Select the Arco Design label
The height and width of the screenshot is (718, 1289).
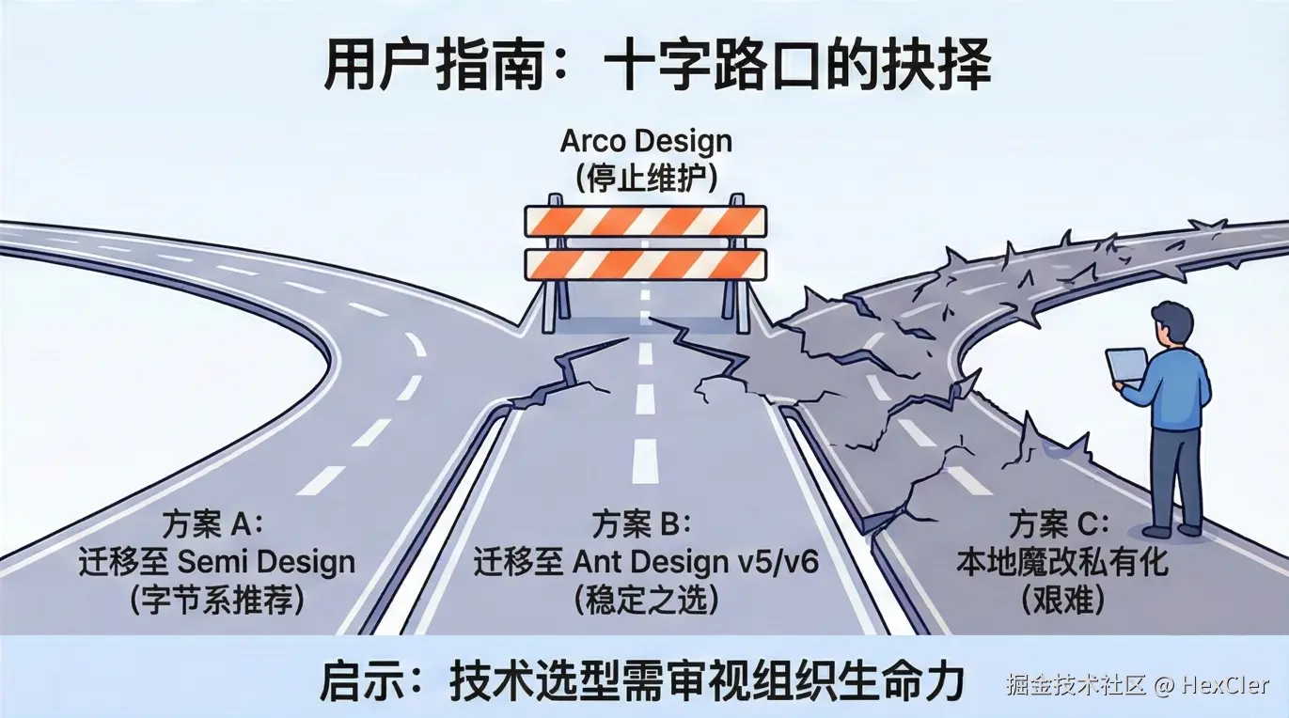point(645,142)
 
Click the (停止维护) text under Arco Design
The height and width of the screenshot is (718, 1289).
point(645,178)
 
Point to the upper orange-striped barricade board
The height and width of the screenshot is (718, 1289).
point(645,222)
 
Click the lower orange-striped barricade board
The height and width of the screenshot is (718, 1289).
point(645,264)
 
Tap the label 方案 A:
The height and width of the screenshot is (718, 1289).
point(215,523)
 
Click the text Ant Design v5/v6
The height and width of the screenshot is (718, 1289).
point(696,562)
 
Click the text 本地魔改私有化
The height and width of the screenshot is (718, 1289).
point(1061,562)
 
